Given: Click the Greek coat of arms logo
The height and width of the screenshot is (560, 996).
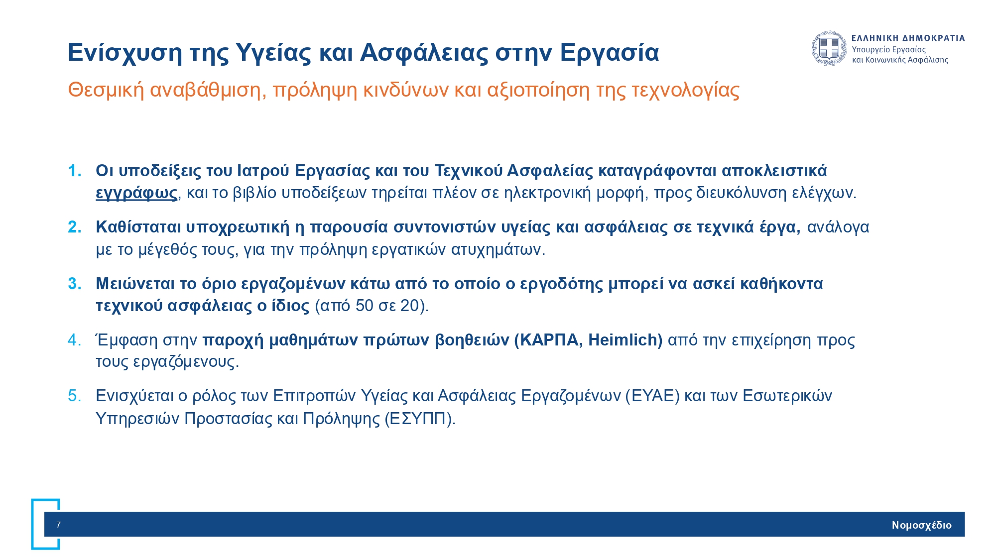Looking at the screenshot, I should (x=829, y=48).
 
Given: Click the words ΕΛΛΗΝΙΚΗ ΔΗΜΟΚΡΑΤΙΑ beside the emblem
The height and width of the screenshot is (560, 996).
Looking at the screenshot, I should (x=908, y=38).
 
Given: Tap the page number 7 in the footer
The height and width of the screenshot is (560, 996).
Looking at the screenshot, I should (x=58, y=524).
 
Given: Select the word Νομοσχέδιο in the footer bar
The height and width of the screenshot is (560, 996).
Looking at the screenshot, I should (x=921, y=525).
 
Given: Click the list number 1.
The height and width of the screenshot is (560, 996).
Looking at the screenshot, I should (x=74, y=171).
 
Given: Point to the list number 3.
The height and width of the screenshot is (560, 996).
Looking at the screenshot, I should (x=74, y=284).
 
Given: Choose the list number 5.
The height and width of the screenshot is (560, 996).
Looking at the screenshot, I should (x=74, y=396).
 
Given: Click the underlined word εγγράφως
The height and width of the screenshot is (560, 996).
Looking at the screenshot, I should (x=136, y=193).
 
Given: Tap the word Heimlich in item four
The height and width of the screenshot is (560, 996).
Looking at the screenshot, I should (x=625, y=340).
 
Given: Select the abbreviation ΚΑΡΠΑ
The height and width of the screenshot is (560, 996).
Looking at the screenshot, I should (x=548, y=340).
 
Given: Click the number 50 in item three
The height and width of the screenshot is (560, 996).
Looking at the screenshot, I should (x=365, y=305).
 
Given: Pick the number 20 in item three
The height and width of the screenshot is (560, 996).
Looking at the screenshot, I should (x=409, y=305).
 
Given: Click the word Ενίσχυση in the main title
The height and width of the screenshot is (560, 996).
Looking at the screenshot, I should (x=124, y=52).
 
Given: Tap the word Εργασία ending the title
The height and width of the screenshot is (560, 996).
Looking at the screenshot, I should (x=609, y=52).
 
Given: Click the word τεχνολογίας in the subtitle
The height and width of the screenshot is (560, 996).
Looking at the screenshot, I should (x=685, y=90).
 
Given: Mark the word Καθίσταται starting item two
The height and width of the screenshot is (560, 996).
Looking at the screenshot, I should (x=138, y=227).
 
